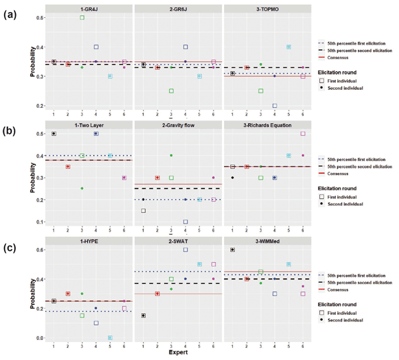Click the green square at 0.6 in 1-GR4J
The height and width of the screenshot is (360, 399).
click(82, 17)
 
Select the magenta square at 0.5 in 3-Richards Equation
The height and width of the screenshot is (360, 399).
click(303, 134)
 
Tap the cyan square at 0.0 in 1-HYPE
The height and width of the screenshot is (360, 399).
click(110, 337)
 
